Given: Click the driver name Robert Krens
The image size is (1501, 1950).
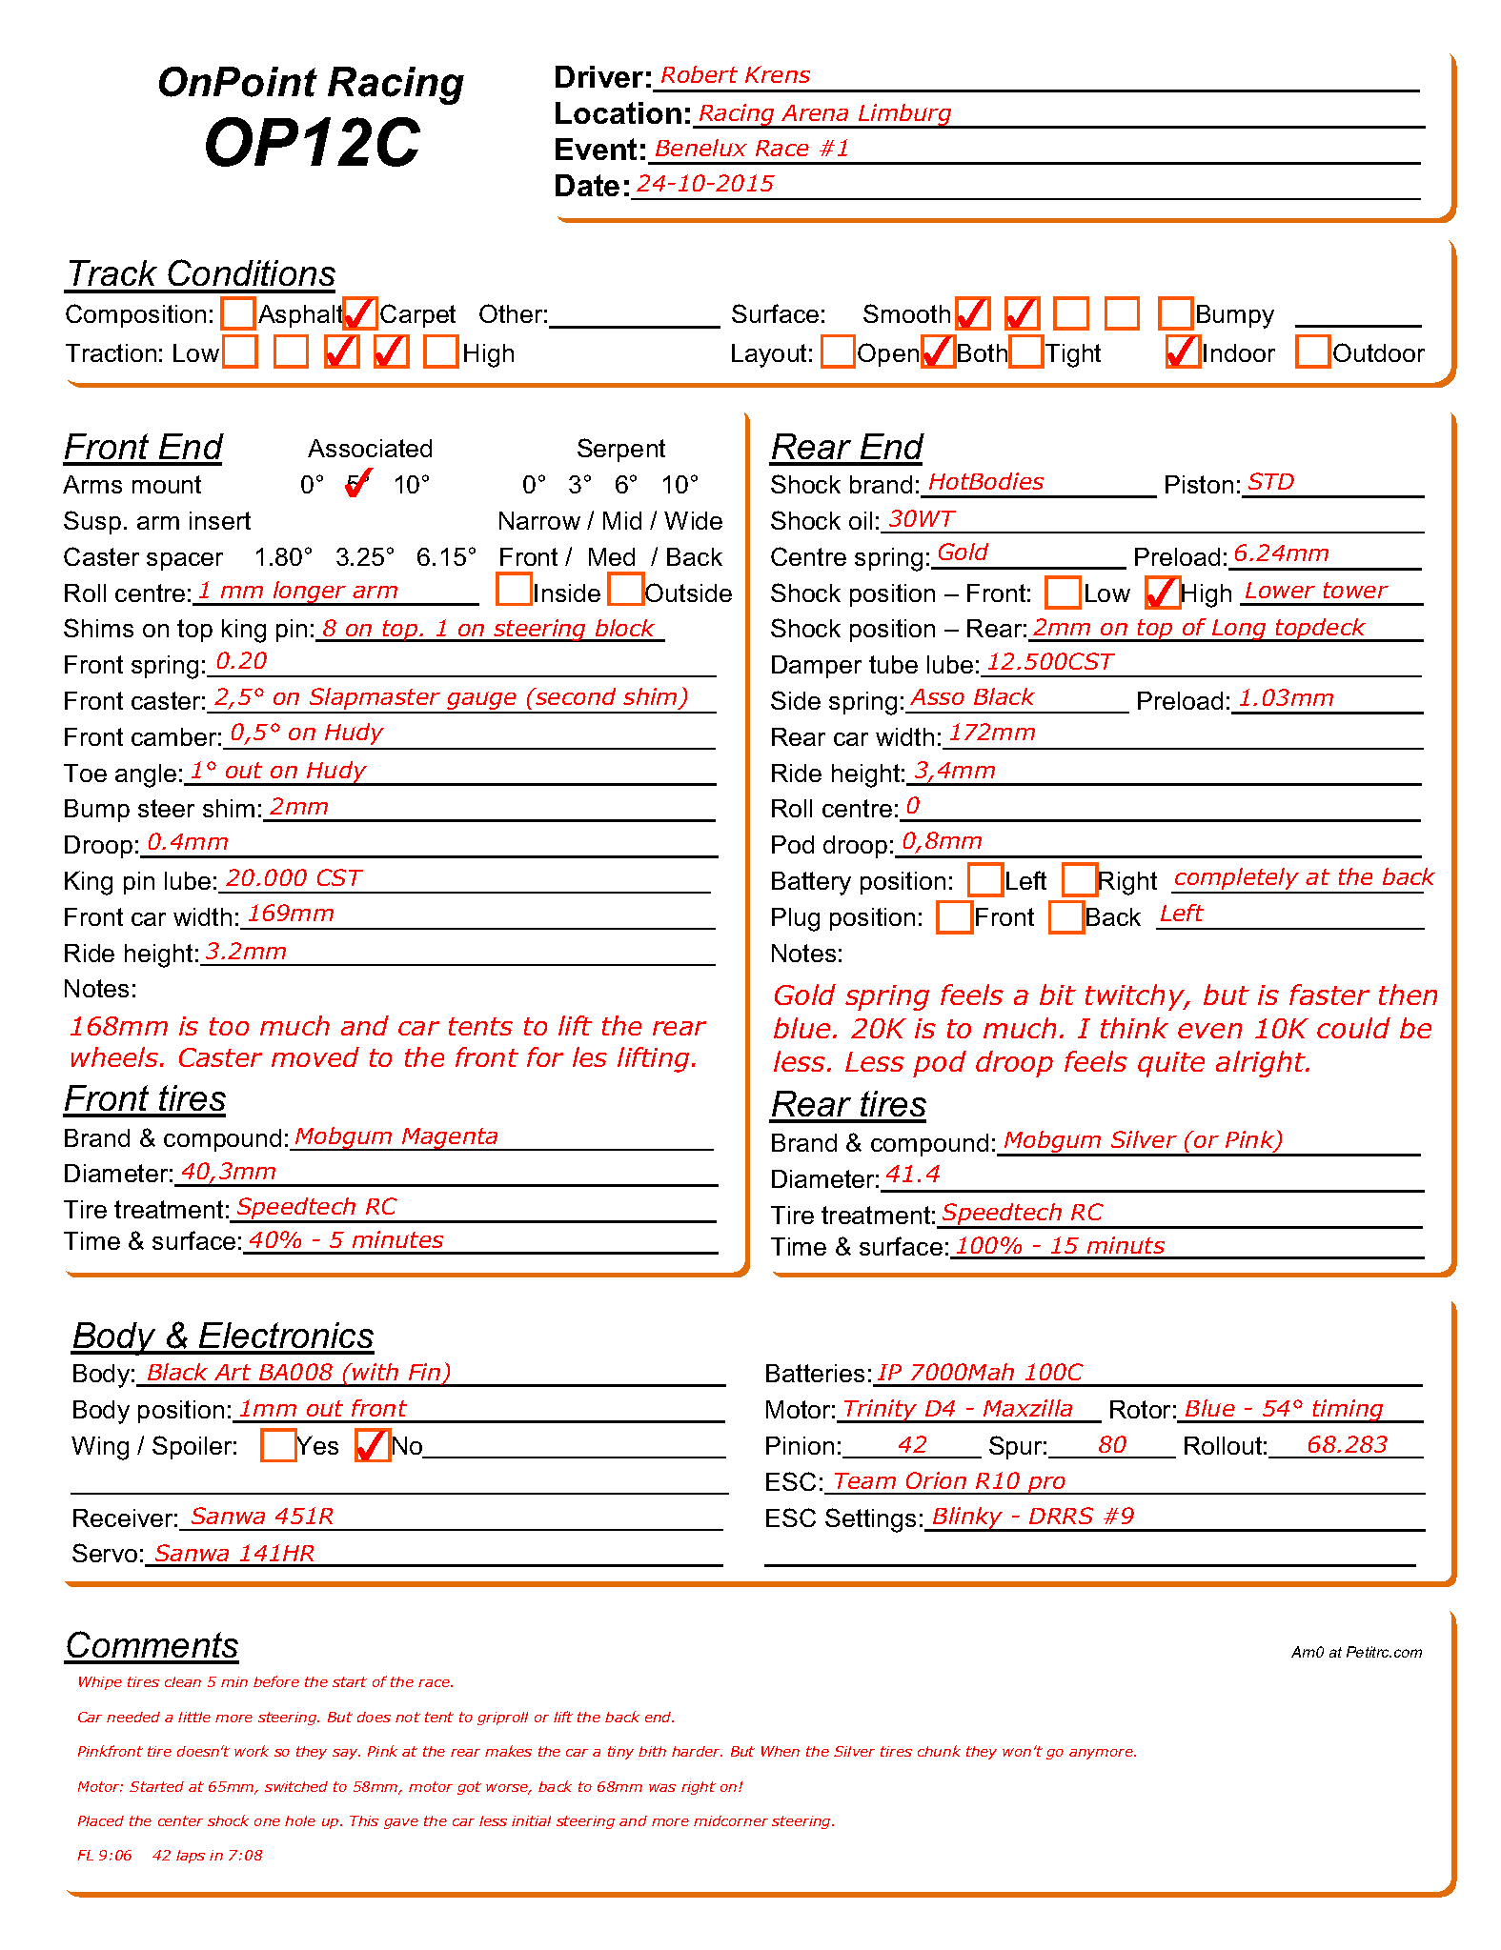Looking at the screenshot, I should click(x=735, y=75).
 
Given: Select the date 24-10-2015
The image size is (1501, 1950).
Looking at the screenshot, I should click(x=705, y=184).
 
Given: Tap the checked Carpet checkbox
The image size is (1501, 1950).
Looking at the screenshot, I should click(x=360, y=313).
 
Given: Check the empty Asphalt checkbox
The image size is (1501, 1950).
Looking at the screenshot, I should click(x=238, y=313).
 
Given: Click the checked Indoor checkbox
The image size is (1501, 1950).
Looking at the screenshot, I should click(x=1183, y=352).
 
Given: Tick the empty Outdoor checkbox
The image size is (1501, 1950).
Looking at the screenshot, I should click(x=1313, y=352).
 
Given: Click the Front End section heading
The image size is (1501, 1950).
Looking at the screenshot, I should click(x=143, y=447).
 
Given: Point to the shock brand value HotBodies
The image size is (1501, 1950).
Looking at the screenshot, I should click(x=985, y=482).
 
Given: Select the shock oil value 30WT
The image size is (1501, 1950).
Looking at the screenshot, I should click(x=921, y=519).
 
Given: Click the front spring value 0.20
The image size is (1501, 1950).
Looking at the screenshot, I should click(x=241, y=661).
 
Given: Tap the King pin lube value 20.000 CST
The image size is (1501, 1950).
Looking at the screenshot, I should click(x=294, y=878).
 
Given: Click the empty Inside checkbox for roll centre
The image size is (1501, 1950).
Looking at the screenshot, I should click(x=514, y=590).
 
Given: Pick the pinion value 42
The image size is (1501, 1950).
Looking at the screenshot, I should click(x=912, y=1445).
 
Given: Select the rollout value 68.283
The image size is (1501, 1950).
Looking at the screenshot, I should click(x=1347, y=1445).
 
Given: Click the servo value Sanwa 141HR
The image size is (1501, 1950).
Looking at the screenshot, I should click(x=234, y=1554).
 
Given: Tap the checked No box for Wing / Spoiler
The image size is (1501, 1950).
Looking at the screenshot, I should click(x=372, y=1445).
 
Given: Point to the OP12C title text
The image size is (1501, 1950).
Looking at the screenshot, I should click(x=312, y=143).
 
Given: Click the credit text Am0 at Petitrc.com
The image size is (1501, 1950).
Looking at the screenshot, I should click(x=1356, y=1652).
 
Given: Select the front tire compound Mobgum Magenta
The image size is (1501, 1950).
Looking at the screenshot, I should click(x=396, y=1136).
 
